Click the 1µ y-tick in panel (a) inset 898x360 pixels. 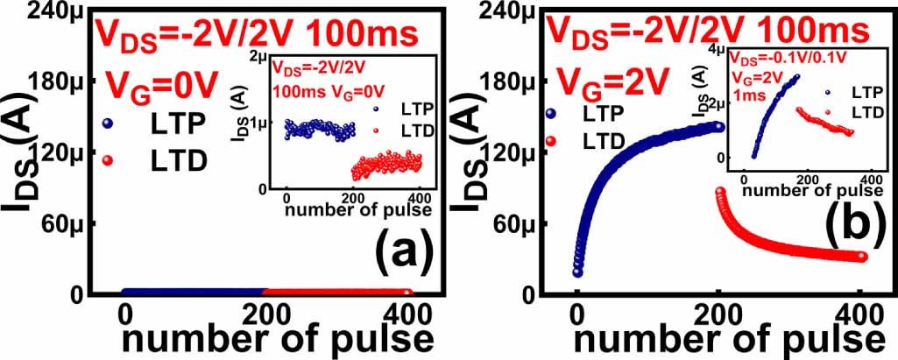click(259, 123)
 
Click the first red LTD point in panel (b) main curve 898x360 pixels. click(722, 193)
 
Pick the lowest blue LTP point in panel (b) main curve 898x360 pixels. click(577, 272)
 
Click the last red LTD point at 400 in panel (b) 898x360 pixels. click(862, 257)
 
